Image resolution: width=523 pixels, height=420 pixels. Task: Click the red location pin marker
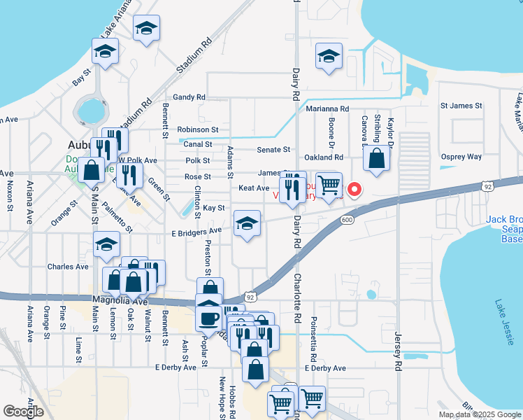tap(354, 189)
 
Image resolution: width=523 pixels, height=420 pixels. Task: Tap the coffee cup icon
tap(208, 318)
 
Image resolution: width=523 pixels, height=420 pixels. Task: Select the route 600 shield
tap(347, 220)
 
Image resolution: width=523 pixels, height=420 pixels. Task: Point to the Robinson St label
tap(198, 129)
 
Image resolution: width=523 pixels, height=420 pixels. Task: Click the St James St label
tap(461, 106)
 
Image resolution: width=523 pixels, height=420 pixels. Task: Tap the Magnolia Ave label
tap(123, 300)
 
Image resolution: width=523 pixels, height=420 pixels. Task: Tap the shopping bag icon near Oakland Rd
tap(377, 160)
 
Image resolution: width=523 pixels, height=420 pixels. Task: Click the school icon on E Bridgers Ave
tap(246, 224)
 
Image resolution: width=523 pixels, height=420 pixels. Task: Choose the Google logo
tap(23, 412)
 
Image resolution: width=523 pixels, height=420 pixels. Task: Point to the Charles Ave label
tap(68, 267)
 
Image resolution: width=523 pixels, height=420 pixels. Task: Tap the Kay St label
tap(214, 208)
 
